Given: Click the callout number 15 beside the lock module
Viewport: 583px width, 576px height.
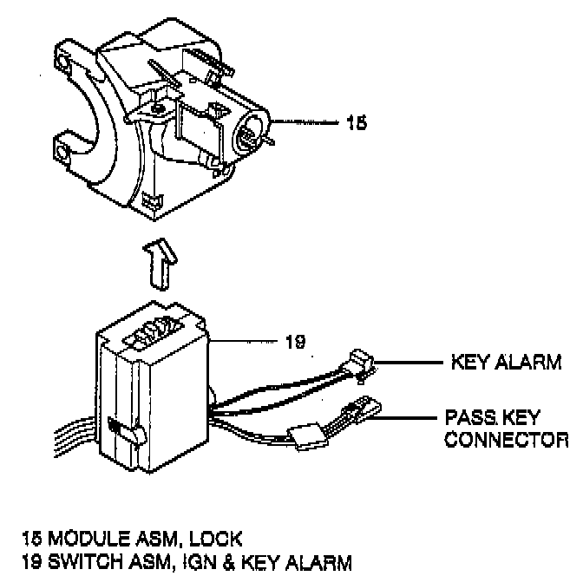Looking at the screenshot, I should click(x=356, y=122).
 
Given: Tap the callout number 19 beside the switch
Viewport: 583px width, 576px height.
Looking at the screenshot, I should click(x=295, y=341).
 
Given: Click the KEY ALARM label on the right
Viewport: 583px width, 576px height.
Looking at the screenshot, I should click(x=506, y=362).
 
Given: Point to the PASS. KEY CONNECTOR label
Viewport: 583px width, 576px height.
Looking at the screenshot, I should click(x=506, y=428).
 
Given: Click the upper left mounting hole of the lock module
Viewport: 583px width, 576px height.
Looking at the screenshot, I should click(x=62, y=62).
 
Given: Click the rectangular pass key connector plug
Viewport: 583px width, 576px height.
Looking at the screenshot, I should click(x=364, y=408).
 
